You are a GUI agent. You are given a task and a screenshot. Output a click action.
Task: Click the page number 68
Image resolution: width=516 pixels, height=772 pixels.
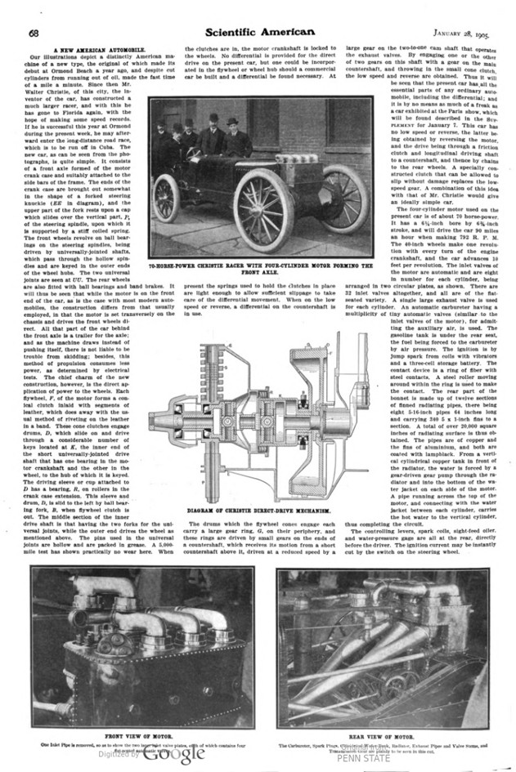[35, 32]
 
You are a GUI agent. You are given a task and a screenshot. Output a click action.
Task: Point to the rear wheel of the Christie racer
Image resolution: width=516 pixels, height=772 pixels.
[167, 199]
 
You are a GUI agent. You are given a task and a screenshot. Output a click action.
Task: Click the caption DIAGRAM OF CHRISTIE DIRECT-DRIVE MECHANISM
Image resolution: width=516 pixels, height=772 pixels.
[258, 511]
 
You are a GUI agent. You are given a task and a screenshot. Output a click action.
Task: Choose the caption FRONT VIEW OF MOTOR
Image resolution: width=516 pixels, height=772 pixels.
[143, 735]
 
